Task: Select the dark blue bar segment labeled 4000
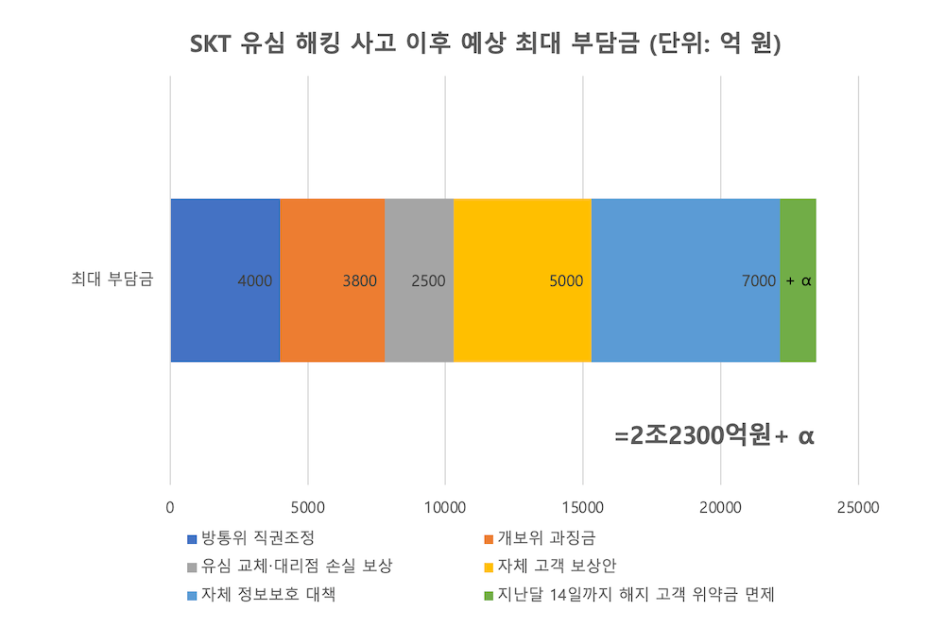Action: [225, 280]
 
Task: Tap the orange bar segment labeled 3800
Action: [332, 280]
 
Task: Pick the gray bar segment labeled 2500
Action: [419, 280]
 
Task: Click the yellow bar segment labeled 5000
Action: [522, 280]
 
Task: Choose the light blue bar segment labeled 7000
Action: [685, 280]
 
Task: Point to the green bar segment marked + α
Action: [799, 280]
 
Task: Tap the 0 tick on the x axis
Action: [170, 507]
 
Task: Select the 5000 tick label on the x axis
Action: [308, 507]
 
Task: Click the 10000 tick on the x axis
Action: [445, 507]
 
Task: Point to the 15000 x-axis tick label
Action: [583, 507]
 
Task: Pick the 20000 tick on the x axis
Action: [721, 507]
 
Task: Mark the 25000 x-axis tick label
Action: [858, 507]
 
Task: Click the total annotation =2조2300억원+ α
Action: [714, 436]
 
